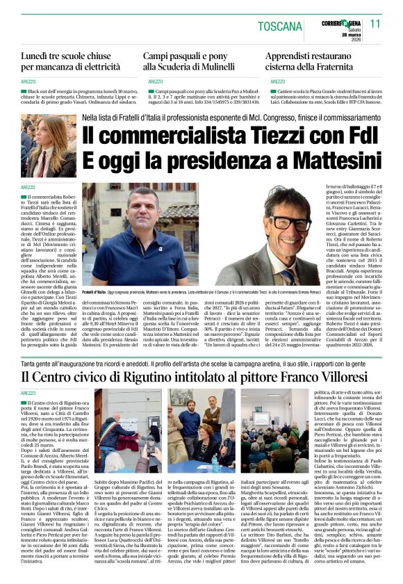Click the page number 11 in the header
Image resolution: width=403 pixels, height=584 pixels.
[x=375, y=23]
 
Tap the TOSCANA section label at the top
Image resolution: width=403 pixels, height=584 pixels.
[x=281, y=26]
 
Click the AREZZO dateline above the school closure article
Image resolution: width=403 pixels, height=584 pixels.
[x=28, y=81]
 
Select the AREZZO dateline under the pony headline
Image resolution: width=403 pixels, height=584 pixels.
[x=155, y=81]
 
